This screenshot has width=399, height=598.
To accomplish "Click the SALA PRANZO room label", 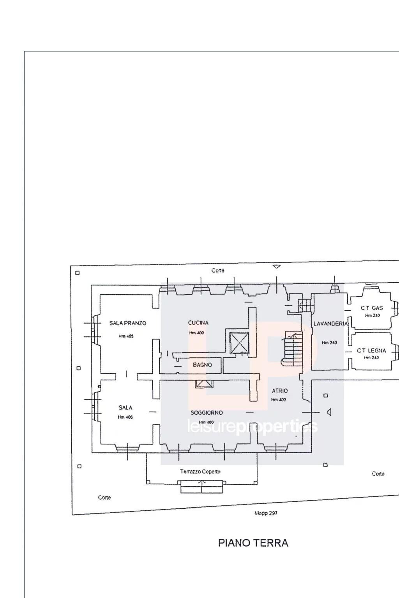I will [x=128, y=323].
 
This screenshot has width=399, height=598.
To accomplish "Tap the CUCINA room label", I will [x=198, y=323].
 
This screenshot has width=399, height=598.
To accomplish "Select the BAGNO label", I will [x=202, y=365].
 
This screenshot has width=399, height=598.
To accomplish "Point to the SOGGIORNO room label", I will [x=207, y=413].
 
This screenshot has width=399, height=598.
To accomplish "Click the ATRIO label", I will [x=279, y=391].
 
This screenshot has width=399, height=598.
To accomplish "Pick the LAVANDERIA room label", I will [x=330, y=324].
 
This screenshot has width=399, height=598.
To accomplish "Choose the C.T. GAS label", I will [x=372, y=308].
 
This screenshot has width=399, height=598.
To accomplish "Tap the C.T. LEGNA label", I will [x=371, y=351].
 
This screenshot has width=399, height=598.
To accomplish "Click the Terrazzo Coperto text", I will [x=200, y=471].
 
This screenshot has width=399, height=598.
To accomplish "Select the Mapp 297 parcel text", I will [x=266, y=513].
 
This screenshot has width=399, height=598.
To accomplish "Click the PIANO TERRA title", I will [x=253, y=543].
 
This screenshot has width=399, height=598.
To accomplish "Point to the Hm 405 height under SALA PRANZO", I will [x=126, y=336].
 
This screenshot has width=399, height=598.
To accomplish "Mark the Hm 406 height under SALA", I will [x=125, y=417].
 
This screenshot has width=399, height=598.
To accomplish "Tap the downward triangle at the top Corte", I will [x=277, y=267].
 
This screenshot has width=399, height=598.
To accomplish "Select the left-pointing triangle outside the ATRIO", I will [x=329, y=412].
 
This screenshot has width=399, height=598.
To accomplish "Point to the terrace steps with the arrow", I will [x=202, y=487].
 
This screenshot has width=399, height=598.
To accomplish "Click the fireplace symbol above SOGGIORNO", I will [x=205, y=384].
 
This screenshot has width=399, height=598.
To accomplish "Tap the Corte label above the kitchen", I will [x=218, y=271].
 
